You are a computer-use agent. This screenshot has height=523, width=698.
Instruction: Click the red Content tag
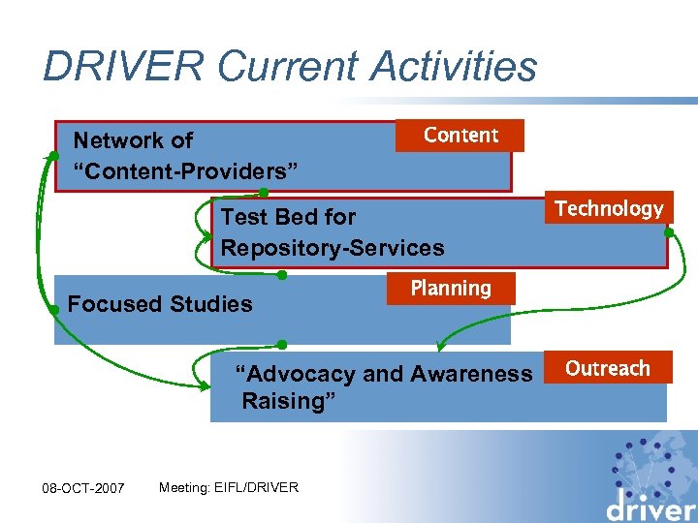tap(460, 136)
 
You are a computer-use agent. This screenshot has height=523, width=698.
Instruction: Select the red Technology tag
tap(609, 208)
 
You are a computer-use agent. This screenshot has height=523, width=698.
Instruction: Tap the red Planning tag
tap(451, 289)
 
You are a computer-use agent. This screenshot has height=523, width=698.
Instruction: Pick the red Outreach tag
tap(608, 368)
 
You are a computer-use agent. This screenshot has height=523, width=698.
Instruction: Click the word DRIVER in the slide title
tap(124, 66)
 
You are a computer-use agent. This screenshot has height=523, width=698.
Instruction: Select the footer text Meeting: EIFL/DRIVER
tap(229, 487)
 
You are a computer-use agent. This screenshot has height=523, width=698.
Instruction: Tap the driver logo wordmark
tap(649, 506)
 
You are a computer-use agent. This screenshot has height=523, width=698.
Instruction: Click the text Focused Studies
tap(160, 304)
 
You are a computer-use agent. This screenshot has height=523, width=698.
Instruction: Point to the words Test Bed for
tap(288, 217)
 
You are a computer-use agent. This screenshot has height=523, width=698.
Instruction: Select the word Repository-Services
tap(333, 248)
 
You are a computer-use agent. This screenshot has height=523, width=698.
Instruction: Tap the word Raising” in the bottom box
tap(289, 401)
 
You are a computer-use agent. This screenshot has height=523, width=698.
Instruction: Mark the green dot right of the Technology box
tap(668, 232)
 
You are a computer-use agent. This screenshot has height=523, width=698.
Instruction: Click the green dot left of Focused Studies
tap(55, 310)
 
